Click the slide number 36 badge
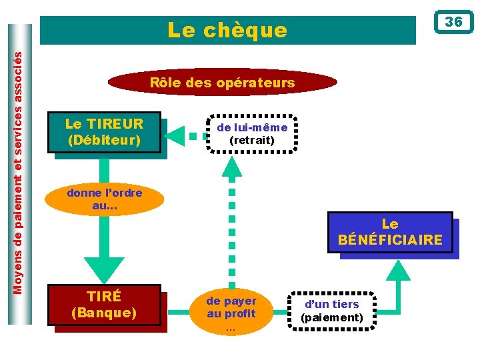point(453,22)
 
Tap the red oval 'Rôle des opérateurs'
point(223,83)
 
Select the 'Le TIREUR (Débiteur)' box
point(105,132)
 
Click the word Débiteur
point(105,141)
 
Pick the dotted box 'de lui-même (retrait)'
point(252,133)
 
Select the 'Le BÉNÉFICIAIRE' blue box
point(390,232)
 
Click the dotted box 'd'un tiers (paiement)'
point(331,311)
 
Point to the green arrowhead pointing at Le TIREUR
point(175,135)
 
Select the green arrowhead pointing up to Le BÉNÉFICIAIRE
point(399,269)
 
